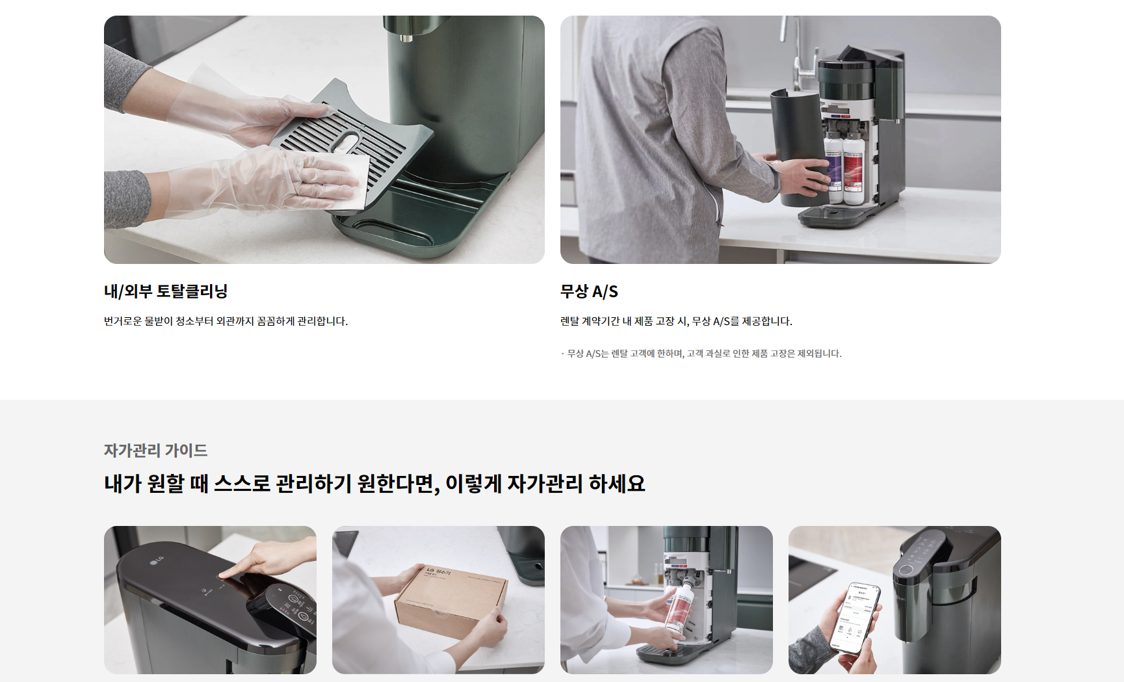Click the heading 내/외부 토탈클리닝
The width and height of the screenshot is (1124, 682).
(166, 291)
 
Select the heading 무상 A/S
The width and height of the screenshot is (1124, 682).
(589, 291)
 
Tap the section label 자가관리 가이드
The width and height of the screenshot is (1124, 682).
(156, 451)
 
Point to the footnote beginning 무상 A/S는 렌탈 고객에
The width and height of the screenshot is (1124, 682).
(701, 354)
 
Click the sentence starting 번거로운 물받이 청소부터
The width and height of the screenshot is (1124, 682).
(226, 321)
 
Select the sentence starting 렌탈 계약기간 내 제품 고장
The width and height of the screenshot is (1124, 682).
(676, 321)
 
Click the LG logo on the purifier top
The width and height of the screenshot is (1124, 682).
(157, 560)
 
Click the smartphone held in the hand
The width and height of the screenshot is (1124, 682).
(858, 618)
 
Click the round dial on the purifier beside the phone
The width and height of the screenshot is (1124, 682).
(905, 570)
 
